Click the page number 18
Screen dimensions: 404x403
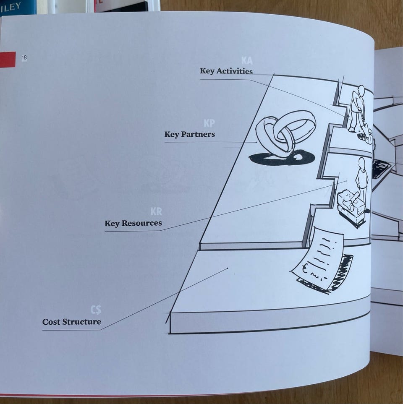coord(24,58)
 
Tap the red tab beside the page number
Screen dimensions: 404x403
coord(8,59)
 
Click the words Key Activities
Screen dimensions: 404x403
coord(226,71)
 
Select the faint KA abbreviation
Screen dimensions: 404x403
coord(247,61)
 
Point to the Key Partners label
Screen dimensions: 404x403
coord(189,134)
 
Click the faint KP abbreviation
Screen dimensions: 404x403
coord(209,123)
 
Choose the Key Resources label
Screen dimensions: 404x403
coord(133,223)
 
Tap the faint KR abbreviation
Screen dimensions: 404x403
coord(156,211)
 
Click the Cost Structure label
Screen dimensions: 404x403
coord(72,322)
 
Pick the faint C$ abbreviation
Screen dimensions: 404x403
coord(96,310)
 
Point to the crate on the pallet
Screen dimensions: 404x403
coord(351,208)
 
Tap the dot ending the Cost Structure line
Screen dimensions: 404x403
coord(228,268)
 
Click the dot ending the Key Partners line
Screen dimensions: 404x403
coord(257,142)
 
